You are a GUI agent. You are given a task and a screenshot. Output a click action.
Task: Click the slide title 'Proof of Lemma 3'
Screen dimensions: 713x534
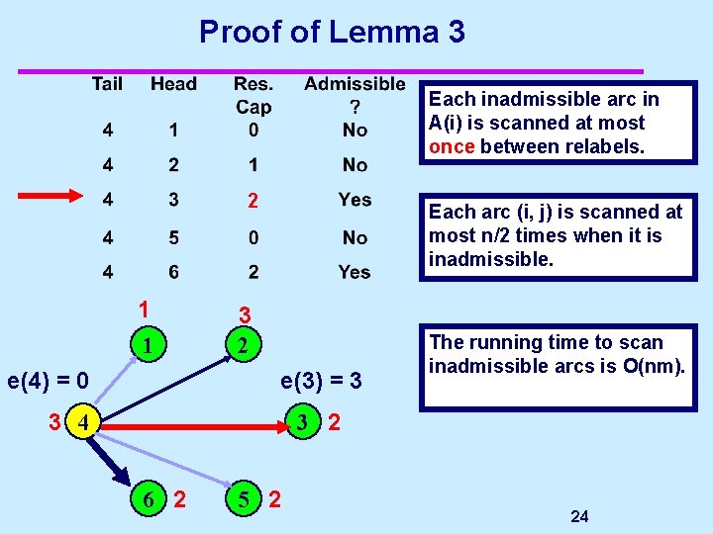tap(332, 32)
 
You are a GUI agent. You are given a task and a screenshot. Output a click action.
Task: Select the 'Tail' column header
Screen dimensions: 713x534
tap(107, 84)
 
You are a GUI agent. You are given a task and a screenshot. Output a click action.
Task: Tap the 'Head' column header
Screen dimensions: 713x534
tap(173, 84)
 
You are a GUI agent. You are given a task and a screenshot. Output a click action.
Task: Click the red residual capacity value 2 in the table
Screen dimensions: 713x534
tap(254, 202)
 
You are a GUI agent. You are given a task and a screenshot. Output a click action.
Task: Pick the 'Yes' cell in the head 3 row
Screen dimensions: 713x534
tap(355, 200)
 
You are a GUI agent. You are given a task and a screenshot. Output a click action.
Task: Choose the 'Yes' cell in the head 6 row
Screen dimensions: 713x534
tap(355, 272)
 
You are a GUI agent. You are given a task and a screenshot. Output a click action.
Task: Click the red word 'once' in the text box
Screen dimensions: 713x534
tap(451, 147)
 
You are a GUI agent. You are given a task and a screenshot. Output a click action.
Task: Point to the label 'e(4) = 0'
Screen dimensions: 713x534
tap(49, 379)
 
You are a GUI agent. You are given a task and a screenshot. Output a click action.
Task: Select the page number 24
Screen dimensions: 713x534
tap(580, 516)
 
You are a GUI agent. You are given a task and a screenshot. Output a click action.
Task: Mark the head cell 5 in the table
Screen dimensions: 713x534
tap(173, 237)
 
